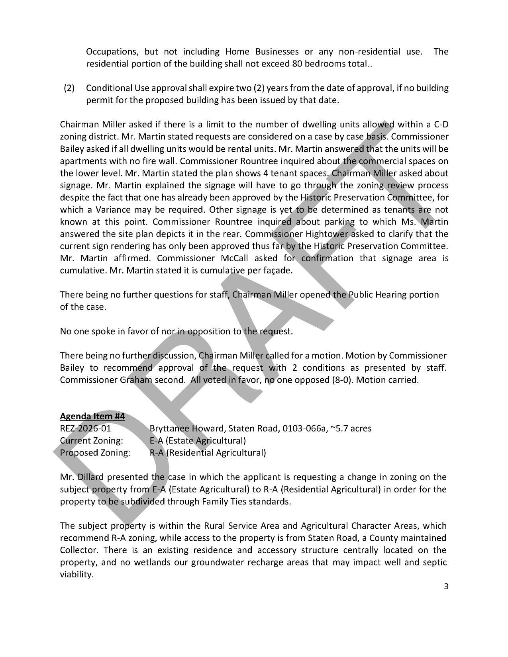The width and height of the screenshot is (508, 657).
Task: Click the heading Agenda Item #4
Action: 92,416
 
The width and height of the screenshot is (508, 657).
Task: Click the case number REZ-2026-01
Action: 86,428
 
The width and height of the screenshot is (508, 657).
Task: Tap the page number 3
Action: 446,586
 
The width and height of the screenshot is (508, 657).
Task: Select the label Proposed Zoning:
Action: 95,453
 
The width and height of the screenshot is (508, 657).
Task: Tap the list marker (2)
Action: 69,88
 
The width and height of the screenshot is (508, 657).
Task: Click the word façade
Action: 279,270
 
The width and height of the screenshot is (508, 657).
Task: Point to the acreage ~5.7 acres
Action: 351,428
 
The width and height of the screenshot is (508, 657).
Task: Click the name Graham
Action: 136,380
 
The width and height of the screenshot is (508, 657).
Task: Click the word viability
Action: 76,575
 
